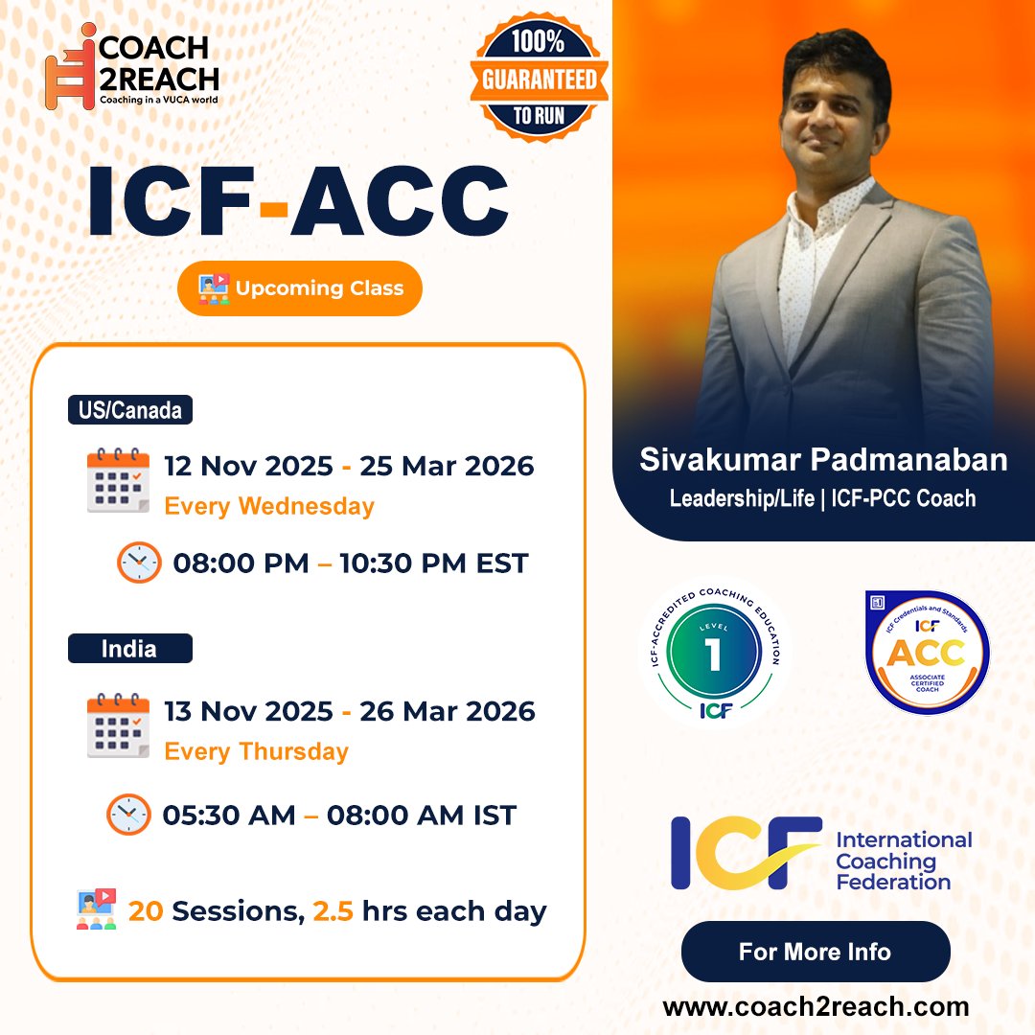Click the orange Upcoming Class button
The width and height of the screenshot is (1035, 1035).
[x=300, y=287]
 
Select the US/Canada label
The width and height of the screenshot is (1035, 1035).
[x=129, y=411]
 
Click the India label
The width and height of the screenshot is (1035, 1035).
[x=129, y=649]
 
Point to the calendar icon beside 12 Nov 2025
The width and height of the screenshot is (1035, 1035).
[x=118, y=480]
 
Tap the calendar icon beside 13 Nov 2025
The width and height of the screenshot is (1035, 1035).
[x=118, y=725]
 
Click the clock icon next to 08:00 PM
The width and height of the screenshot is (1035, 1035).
[x=139, y=563]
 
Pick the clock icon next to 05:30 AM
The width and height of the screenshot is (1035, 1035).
[x=128, y=815]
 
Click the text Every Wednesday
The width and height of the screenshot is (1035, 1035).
[x=269, y=506]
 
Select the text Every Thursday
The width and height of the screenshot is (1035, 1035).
[x=256, y=751]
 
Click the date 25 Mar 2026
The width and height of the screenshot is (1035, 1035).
[x=447, y=467]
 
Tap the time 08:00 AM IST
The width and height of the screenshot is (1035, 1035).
[x=422, y=816]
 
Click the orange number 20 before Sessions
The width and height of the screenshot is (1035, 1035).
[x=146, y=911]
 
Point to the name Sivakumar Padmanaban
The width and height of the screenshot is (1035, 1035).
[x=823, y=461]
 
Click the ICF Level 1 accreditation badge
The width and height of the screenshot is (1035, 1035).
[x=714, y=655]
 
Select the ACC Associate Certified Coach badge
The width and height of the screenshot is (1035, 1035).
[x=926, y=653]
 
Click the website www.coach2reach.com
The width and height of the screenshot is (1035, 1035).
[x=816, y=1007]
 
